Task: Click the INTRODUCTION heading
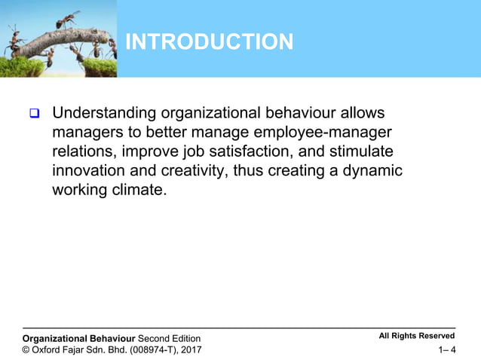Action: click(209, 42)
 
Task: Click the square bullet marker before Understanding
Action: click(34, 114)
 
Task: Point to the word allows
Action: click(359, 114)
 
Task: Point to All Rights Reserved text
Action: click(417, 336)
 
